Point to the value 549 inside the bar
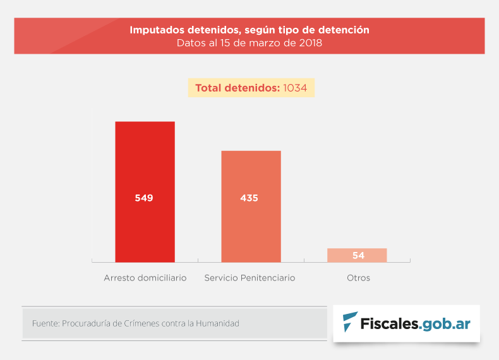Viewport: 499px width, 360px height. [144, 198]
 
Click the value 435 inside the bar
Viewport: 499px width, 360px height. [249, 198]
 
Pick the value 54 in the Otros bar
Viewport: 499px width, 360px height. [358, 256]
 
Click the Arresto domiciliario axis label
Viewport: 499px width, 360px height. [145, 278]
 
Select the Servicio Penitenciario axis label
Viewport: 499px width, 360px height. [249, 278]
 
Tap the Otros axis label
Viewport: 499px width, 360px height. [358, 278]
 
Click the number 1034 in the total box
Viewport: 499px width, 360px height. [295, 88]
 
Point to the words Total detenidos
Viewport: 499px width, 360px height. [237, 88]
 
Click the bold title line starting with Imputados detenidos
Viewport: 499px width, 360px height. [249, 30]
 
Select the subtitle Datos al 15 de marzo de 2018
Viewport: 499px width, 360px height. [249, 44]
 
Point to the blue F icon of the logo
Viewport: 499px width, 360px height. [349, 323]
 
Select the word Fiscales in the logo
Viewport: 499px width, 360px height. [389, 324]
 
